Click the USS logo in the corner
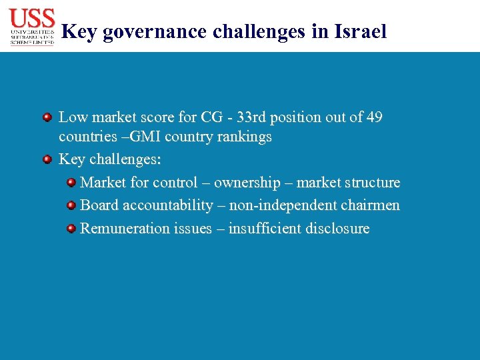(x=32, y=26)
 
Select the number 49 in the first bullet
(x=375, y=117)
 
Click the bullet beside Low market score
(x=47, y=117)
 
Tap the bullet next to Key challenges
(x=47, y=160)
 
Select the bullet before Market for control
(x=71, y=183)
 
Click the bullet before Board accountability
(x=71, y=205)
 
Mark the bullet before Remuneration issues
(x=71, y=229)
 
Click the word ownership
(x=247, y=183)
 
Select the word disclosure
(x=337, y=228)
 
